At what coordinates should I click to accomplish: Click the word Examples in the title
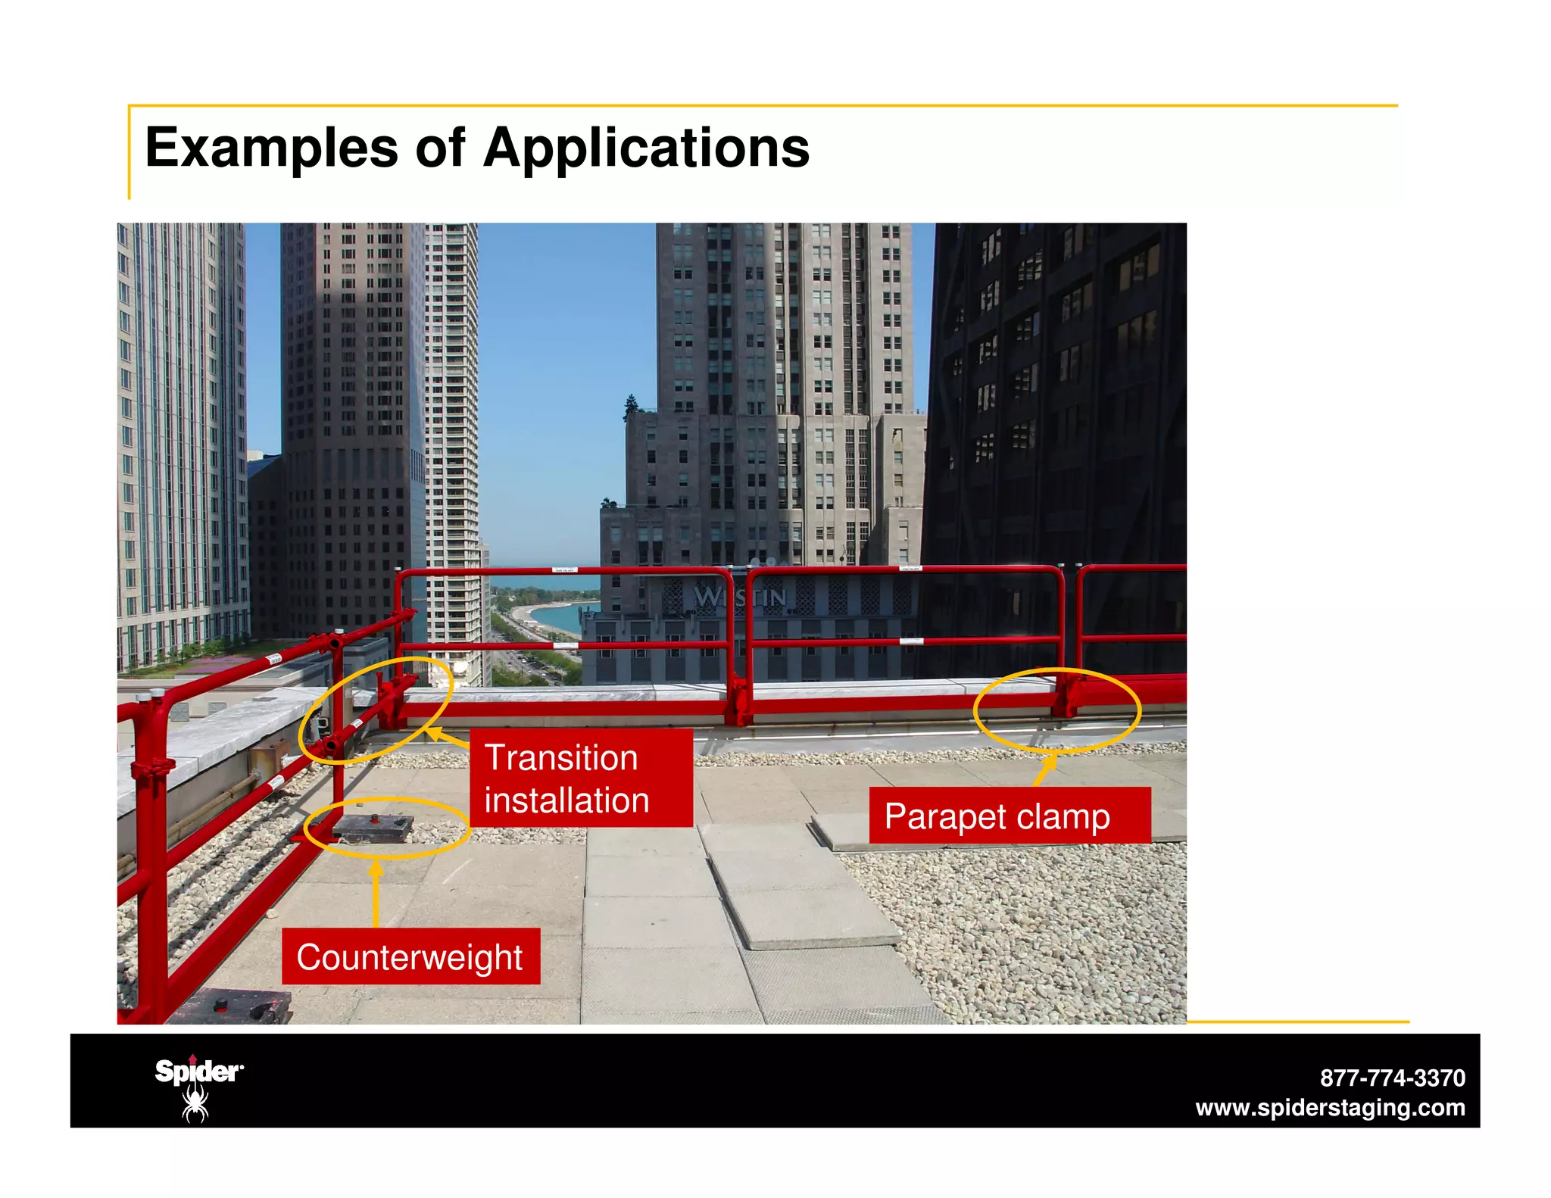point(270,148)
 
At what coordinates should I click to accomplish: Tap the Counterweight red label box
point(410,956)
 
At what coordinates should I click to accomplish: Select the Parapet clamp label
point(1009,816)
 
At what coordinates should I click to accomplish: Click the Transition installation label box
point(580,778)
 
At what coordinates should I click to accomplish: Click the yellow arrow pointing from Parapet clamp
point(1046,769)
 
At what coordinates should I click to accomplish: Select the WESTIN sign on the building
point(740,597)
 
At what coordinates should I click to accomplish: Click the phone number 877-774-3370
point(1392,1078)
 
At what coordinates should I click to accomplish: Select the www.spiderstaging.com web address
point(1330,1108)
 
